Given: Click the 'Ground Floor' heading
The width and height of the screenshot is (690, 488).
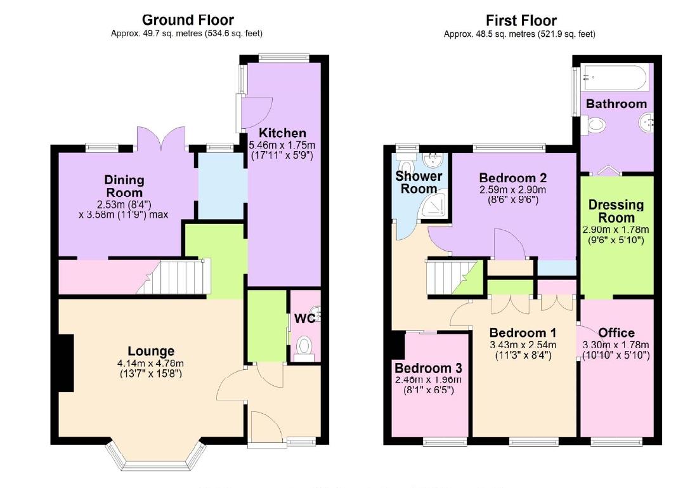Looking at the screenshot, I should coord(187,20).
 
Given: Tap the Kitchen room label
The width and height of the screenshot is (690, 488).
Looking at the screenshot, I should coord(283,133).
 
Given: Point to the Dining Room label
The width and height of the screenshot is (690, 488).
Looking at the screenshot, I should coord(124,187).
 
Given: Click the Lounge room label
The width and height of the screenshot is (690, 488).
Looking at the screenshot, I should coord(151,351).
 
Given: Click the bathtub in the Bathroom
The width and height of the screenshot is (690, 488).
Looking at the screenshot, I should coord(614,79).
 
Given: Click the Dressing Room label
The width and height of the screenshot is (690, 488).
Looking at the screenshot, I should coord(616,211).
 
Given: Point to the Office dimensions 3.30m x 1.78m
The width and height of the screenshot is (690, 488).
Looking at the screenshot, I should coord(616,350).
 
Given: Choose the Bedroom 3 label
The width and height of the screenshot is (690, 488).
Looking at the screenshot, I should coord(428,368).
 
